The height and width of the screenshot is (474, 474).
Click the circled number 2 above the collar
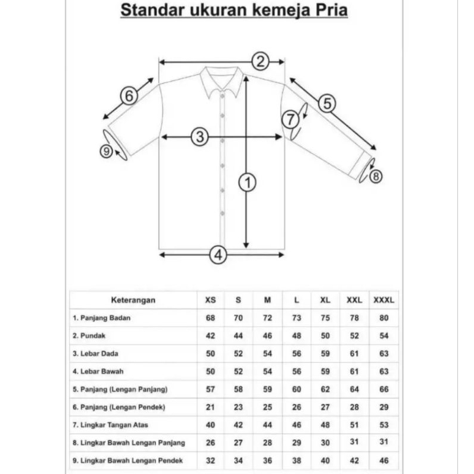[261, 60]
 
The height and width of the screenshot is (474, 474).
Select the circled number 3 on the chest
[200, 137]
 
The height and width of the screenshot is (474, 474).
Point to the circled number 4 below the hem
[219, 255]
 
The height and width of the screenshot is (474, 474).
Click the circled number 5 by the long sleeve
[326, 103]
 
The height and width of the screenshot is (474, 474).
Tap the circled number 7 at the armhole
[290, 119]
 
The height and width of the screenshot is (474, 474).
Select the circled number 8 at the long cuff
[376, 176]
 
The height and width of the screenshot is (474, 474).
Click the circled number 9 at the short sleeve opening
[107, 152]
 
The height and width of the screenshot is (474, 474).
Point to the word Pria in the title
[332, 10]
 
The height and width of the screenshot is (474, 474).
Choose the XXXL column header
[383, 300]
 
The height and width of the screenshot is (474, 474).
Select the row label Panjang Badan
[101, 318]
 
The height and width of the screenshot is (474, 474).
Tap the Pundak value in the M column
[267, 335]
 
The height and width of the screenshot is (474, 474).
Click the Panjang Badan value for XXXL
[383, 318]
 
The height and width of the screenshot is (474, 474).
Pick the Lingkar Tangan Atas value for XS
[210, 424]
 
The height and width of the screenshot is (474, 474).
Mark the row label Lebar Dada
[95, 353]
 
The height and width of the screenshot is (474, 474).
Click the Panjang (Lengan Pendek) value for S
[238, 406]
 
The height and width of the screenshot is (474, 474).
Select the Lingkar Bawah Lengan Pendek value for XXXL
[383, 460]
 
